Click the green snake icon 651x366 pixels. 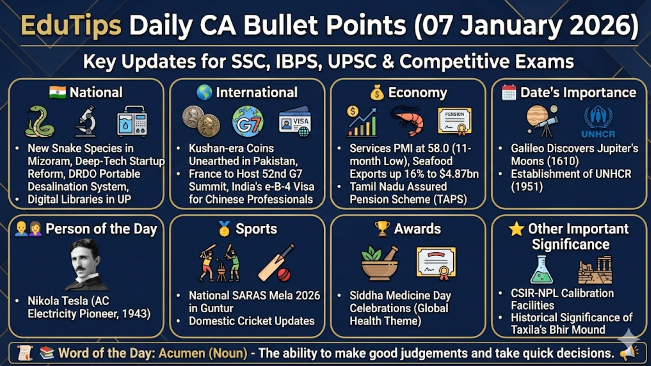40,121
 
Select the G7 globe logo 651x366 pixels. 248,121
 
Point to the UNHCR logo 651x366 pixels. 598,122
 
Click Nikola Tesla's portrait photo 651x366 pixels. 86,264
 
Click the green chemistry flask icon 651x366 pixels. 541,270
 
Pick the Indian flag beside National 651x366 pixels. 57,92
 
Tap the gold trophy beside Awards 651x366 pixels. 382,229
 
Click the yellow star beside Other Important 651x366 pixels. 516,229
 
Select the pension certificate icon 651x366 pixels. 455,121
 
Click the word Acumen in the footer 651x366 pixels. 182,353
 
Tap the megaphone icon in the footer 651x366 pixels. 628,353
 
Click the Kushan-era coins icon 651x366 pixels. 201,121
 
